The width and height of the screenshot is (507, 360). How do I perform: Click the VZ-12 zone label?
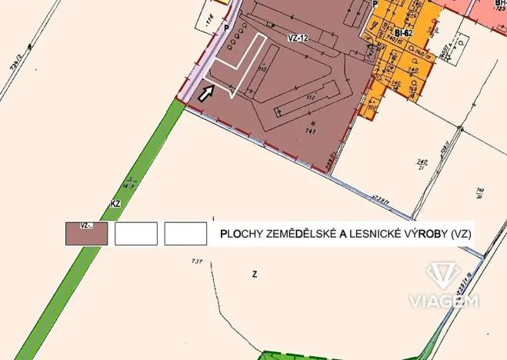tap(299, 36)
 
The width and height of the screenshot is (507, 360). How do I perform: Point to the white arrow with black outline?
tap(205, 94)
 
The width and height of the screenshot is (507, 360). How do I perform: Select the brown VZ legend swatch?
tap(86, 233)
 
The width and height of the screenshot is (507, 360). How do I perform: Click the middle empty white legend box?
tap(136, 233)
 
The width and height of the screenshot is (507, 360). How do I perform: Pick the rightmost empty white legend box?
tap(185, 233)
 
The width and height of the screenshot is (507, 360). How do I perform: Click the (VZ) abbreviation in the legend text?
tap(461, 233)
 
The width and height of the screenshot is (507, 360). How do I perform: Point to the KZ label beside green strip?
tap(116, 205)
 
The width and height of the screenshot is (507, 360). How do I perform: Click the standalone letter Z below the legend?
tap(254, 274)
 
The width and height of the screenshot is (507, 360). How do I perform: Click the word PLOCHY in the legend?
tap(240, 233)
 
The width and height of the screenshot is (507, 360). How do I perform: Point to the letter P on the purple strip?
tap(225, 28)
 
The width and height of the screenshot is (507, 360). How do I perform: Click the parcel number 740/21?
tap(422, 164)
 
